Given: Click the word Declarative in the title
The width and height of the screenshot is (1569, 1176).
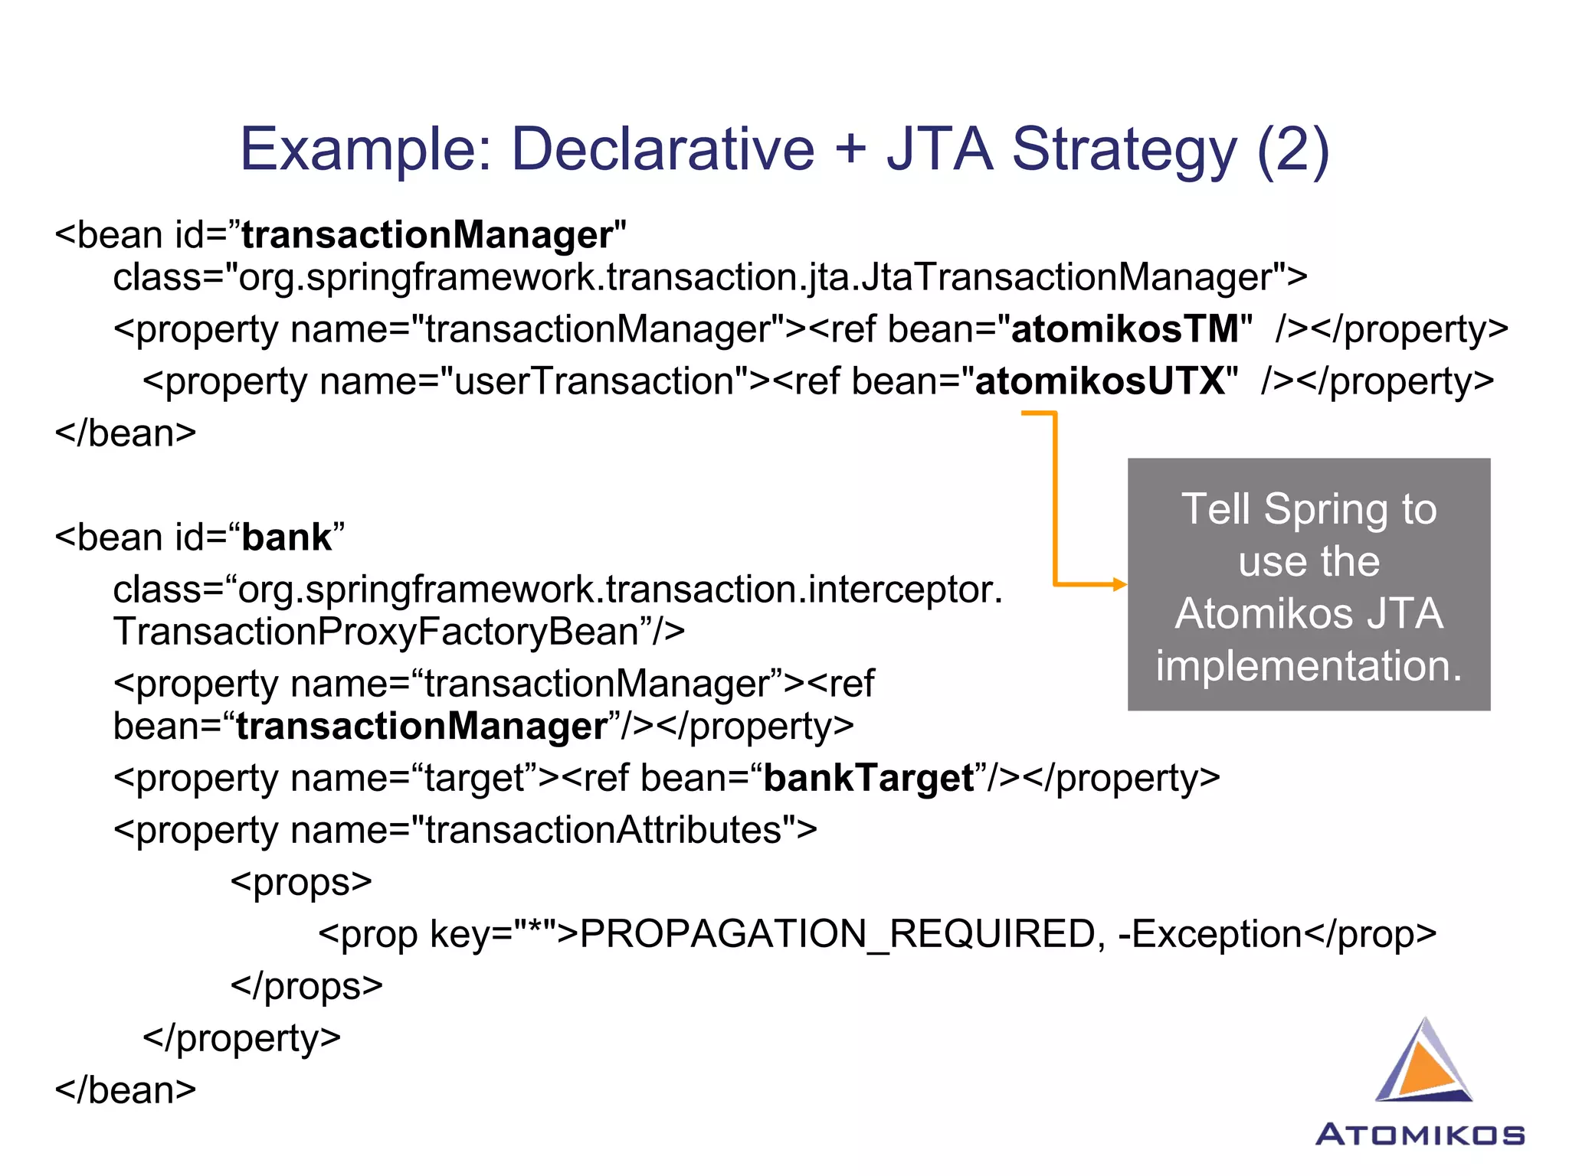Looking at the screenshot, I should click(663, 149).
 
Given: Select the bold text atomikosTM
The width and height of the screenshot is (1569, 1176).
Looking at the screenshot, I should click(1125, 329).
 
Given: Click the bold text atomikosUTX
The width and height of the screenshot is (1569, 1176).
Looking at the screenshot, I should click(1100, 381).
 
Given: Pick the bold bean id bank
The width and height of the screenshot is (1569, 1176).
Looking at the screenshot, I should click(287, 537).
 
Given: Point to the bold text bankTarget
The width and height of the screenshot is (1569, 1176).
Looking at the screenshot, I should click(869, 779).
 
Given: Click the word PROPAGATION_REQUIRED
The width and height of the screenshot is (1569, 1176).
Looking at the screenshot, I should click(837, 934).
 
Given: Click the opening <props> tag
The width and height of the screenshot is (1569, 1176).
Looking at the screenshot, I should click(301, 882).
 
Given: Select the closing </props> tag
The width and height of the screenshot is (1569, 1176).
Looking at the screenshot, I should click(306, 986).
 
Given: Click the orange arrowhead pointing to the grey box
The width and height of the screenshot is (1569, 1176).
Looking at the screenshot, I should click(1120, 585).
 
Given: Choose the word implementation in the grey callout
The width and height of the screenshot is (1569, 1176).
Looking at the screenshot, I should click(1309, 666).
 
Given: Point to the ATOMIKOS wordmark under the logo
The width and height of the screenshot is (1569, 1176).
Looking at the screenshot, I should click(1420, 1135).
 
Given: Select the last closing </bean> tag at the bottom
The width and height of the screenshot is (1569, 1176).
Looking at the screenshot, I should click(126, 1090).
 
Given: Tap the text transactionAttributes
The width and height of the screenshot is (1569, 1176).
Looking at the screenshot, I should click(604, 831).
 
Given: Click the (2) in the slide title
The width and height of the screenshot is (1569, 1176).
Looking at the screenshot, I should click(1292, 149).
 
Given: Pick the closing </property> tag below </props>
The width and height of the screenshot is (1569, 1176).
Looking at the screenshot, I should click(241, 1038).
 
